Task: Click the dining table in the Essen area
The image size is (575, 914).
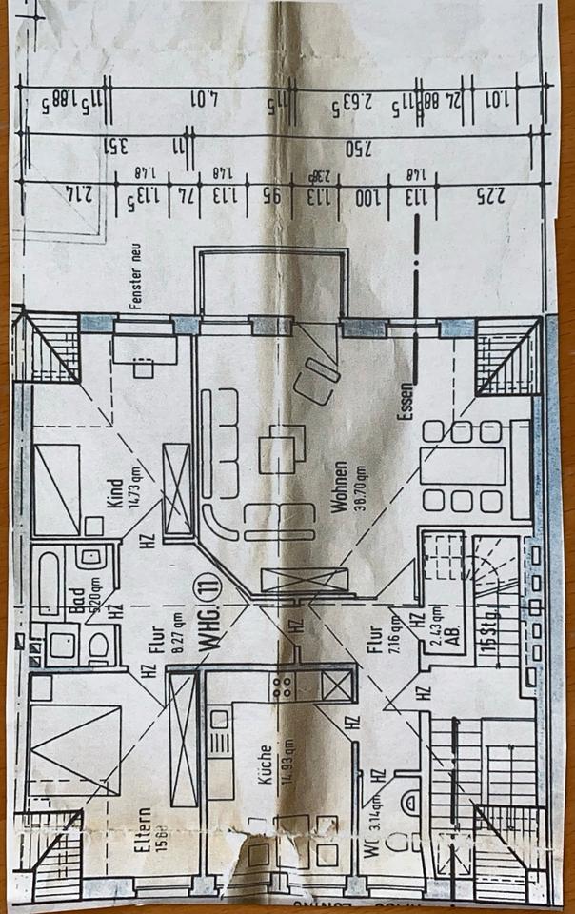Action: pos(463,467)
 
